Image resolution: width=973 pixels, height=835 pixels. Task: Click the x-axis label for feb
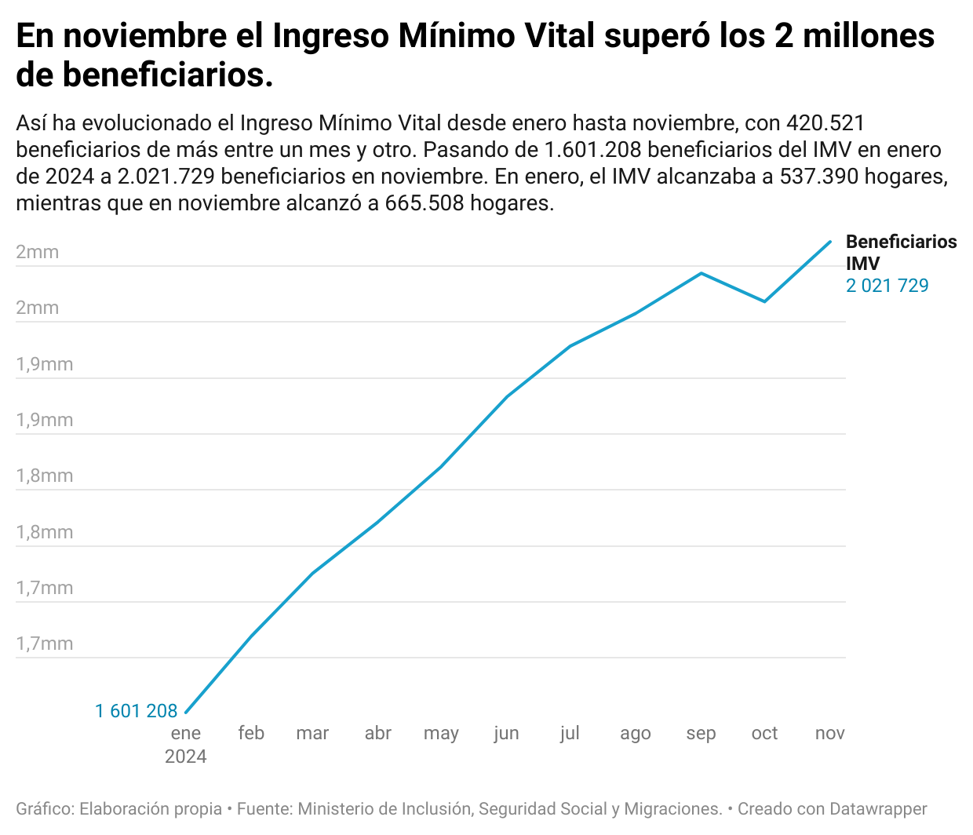click(x=251, y=733)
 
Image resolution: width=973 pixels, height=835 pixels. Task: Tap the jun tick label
click(x=506, y=733)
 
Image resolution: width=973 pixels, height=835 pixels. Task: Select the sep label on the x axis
click(x=701, y=733)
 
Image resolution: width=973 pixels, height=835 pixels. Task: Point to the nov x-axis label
click(x=829, y=733)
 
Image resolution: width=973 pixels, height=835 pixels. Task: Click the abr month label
click(x=377, y=733)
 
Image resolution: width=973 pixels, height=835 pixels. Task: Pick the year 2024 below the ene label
click(x=186, y=757)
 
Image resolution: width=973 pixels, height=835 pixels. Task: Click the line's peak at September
click(x=701, y=273)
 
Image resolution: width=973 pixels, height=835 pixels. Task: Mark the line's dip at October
click(x=765, y=301)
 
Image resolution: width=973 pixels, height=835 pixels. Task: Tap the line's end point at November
click(x=830, y=242)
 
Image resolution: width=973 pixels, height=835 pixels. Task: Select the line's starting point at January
click(x=186, y=713)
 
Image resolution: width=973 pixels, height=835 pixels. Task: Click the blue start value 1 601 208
click(x=137, y=711)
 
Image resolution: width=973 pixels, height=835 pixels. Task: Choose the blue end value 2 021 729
click(x=887, y=286)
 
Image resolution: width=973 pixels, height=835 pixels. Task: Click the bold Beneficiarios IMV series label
click(x=901, y=253)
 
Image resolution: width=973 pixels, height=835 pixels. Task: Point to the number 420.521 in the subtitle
click(x=825, y=123)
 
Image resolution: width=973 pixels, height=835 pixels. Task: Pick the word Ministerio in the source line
click(x=335, y=809)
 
